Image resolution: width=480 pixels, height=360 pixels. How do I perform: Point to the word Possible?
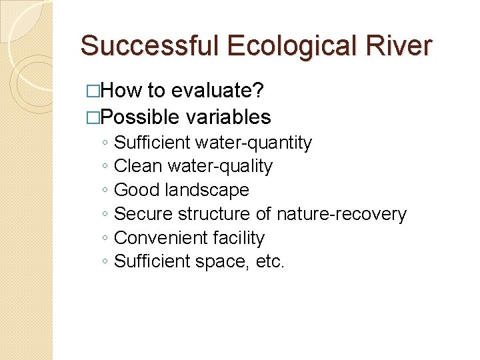pyautogui.click(x=140, y=117)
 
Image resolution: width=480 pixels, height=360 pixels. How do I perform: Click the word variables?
pyautogui.click(x=229, y=117)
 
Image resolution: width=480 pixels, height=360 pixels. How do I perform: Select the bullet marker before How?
pyautogui.click(x=91, y=91)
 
